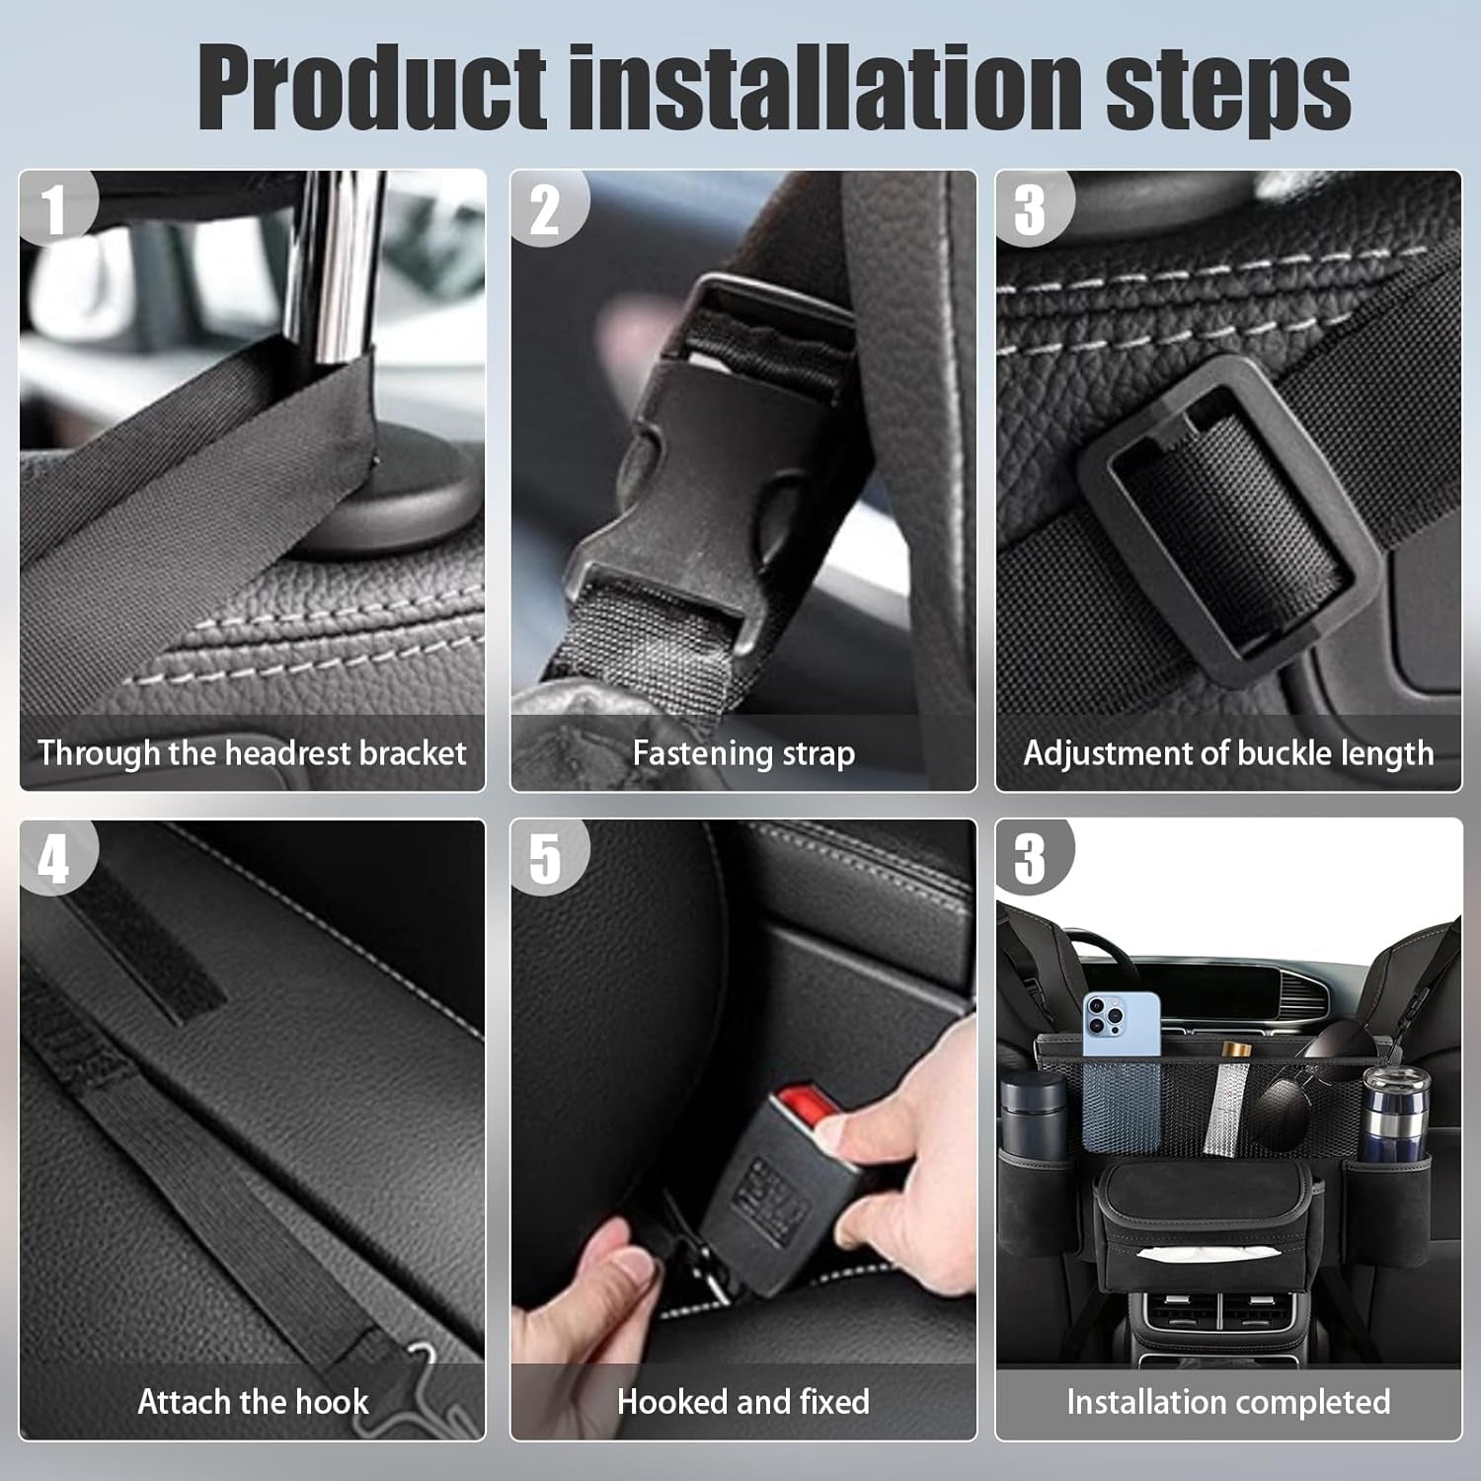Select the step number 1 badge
coord(53,209)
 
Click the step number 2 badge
coord(545,209)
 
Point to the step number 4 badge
coord(53,858)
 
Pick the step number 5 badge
coord(545,858)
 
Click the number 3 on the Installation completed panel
coord(1030,858)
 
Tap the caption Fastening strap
coord(743,753)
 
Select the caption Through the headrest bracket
coord(252,753)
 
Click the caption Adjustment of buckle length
coord(1228,753)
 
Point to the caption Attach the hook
coord(253,1401)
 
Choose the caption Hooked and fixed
coord(743,1401)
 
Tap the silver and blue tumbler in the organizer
coord(1393,1116)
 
